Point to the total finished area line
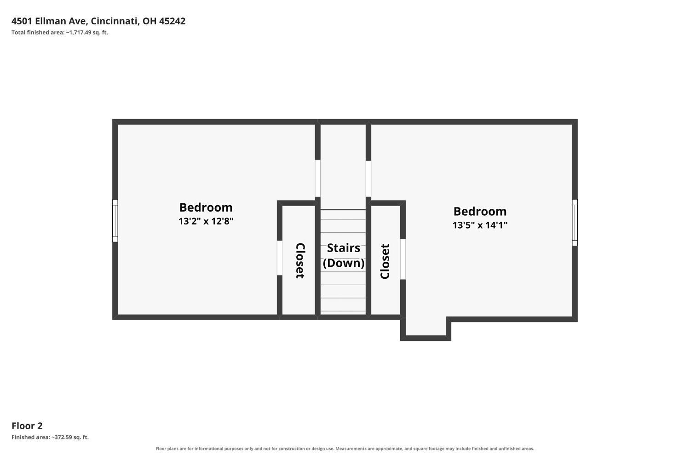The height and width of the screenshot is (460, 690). tap(60, 32)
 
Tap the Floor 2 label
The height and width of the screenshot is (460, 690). tap(27, 426)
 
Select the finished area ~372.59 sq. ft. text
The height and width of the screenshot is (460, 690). tap(50, 437)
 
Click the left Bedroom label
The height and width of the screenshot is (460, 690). tap(206, 207)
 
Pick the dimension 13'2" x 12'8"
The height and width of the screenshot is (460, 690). tap(206, 221)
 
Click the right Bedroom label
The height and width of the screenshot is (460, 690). tap(480, 211)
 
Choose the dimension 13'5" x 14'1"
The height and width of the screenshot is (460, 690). tap(480, 225)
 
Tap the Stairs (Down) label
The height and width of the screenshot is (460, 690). tap(344, 255)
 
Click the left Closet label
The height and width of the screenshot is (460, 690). tap(300, 261)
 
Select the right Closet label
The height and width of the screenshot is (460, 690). tap(385, 261)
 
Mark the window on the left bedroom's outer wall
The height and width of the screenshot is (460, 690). tap(115, 221)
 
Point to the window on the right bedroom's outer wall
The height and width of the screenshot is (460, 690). tap(575, 223)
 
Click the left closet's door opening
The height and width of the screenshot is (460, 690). tap(280, 258)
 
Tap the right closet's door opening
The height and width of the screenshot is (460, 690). tap(403, 259)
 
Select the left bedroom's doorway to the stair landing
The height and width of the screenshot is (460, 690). tap(317, 178)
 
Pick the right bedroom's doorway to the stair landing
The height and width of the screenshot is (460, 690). tap(368, 178)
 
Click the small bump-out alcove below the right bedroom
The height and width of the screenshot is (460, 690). tap(425, 327)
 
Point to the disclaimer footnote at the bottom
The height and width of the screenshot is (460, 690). tap(345, 448)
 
